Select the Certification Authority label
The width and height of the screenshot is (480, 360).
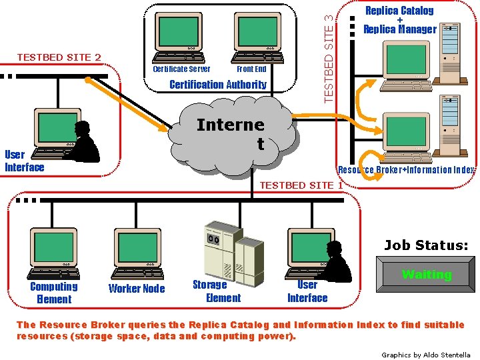coord(217,85)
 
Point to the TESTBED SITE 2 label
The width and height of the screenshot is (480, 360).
coord(59,57)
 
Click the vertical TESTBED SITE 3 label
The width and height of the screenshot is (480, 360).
coord(328,53)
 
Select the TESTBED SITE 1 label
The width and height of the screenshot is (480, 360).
coord(301,185)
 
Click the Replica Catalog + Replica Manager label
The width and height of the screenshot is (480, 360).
coord(399,20)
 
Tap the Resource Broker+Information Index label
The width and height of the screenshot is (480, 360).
coord(406,170)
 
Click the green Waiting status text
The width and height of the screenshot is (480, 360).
coord(427,275)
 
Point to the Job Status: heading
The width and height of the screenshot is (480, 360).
coord(426,245)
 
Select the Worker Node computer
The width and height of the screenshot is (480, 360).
coord(137,250)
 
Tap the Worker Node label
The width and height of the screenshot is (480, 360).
coord(137,289)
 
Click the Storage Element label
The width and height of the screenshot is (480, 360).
coord(217,291)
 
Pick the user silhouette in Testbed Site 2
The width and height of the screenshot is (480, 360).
coord(85,142)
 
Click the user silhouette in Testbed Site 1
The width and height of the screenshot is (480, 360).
coord(337,260)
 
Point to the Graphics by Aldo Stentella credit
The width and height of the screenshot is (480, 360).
coord(425,355)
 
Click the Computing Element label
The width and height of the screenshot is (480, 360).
coord(54,293)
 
